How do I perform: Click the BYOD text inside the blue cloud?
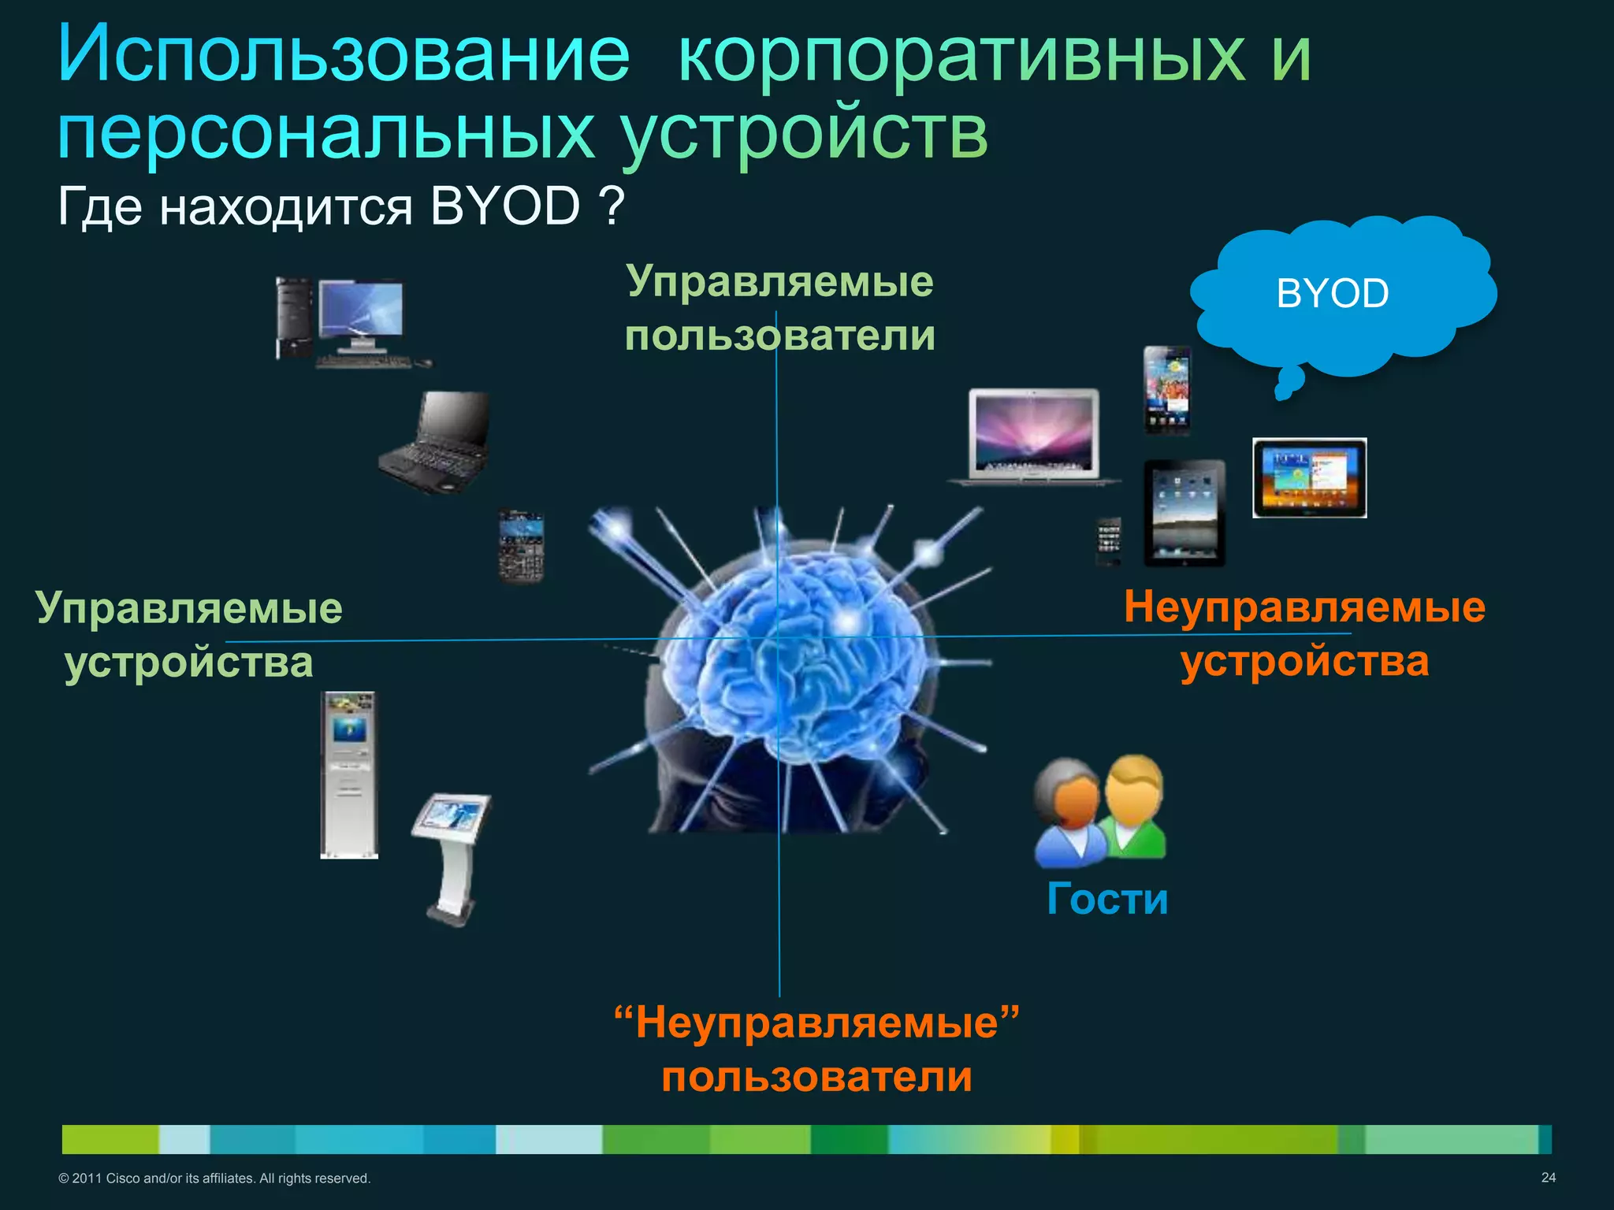(x=1332, y=294)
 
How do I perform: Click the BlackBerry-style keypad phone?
(x=521, y=546)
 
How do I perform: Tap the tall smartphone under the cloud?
(x=1167, y=390)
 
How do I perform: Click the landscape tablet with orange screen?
(x=1309, y=478)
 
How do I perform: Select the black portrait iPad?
(x=1184, y=513)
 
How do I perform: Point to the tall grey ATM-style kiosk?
(x=349, y=774)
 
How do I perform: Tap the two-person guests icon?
(x=1100, y=810)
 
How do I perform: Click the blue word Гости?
(x=1107, y=899)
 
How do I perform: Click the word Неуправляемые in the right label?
(x=1304, y=607)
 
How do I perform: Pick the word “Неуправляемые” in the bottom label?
(x=816, y=1023)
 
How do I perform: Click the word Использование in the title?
(x=344, y=54)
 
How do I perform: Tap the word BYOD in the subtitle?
(x=505, y=207)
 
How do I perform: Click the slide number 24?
(x=1548, y=1177)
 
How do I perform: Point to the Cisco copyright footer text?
(x=214, y=1178)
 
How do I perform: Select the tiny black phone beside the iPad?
(x=1109, y=540)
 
